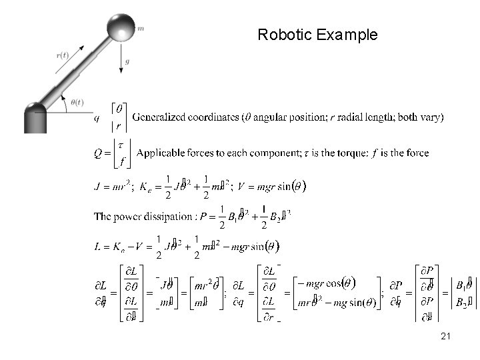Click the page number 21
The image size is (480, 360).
pyautogui.click(x=446, y=337)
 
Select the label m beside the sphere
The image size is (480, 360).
pyautogui.click(x=141, y=29)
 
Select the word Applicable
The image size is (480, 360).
pyautogui.click(x=161, y=153)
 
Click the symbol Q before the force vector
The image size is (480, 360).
pyautogui.click(x=97, y=153)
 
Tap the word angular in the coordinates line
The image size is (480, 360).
pyautogui.click(x=271, y=117)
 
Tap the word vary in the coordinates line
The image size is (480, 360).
pyautogui.click(x=429, y=117)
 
